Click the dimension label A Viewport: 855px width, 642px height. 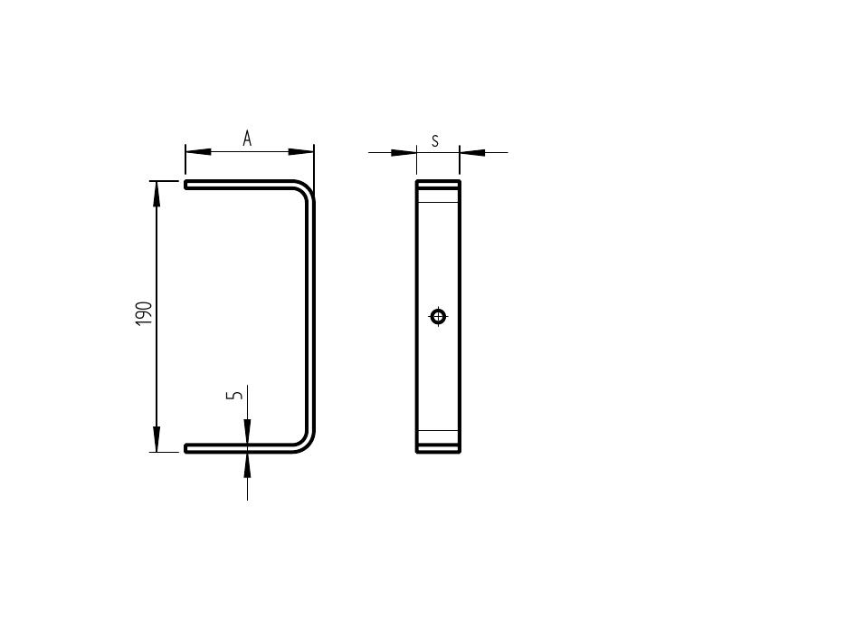click(x=247, y=139)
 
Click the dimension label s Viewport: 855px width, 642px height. click(x=434, y=141)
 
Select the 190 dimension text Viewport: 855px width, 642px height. click(x=144, y=314)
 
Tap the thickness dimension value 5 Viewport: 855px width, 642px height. click(x=235, y=395)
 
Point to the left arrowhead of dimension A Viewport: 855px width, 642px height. click(x=198, y=151)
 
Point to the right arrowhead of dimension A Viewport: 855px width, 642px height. click(x=301, y=151)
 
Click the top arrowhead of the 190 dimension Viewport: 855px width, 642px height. click(x=157, y=193)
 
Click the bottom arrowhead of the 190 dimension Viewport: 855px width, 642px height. click(x=157, y=439)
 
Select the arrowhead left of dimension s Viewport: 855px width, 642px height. click(x=404, y=152)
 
